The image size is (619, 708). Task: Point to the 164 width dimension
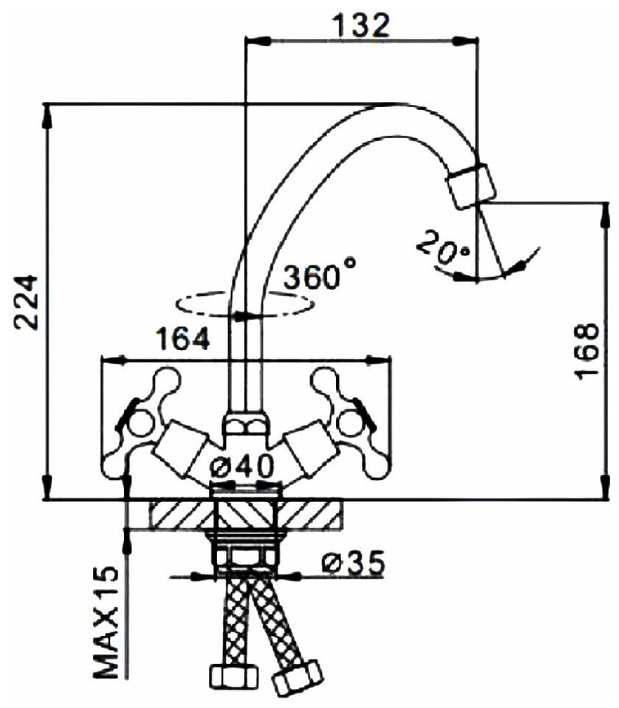[183, 338]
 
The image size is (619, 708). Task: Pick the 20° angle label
[442, 249]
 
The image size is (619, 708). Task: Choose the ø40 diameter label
[242, 466]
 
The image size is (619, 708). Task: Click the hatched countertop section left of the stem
[180, 514]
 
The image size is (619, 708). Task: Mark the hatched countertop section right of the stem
[312, 514]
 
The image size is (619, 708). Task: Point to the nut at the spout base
[245, 426]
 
